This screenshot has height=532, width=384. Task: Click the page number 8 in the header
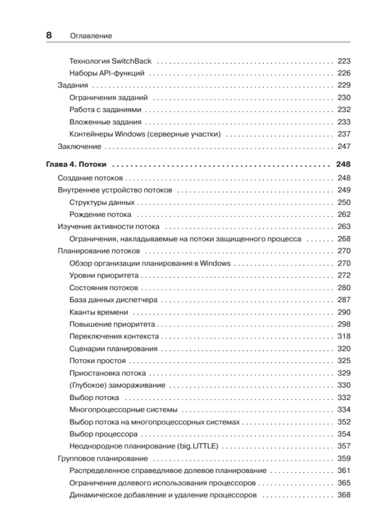49,35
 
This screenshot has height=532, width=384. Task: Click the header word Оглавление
91,36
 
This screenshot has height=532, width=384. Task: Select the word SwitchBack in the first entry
131,61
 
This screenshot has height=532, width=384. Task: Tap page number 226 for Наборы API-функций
344,73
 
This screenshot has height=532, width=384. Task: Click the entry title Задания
73,85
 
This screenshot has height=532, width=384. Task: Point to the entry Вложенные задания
105,122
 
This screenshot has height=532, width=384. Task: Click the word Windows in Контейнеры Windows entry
130,134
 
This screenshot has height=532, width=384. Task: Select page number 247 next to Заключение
344,146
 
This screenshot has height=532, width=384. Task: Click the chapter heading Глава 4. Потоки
76,164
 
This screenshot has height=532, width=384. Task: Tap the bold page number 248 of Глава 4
343,164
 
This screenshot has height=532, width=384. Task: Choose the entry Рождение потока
100,214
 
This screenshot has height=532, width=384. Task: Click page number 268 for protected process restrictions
344,239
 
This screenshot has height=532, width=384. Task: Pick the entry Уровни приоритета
104,275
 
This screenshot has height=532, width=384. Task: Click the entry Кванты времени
99,312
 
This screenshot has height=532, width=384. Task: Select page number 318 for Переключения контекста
344,336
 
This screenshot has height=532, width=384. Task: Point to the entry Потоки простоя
97,361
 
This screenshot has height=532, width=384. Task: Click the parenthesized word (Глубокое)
87,385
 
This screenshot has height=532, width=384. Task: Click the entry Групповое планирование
103,458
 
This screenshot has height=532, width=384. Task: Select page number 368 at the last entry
344,495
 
